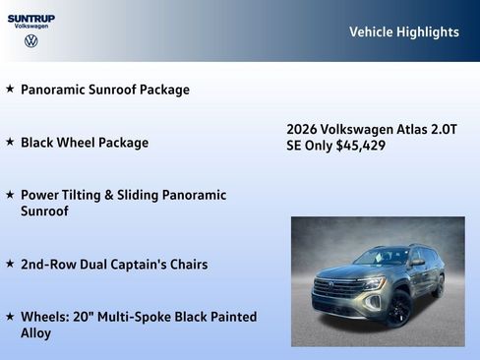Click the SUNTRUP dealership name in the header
[31, 18]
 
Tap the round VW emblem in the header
[31, 41]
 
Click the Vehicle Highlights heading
[403, 32]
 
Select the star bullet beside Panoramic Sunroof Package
[10, 89]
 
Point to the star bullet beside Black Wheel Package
[10, 142]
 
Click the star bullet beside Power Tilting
[10, 195]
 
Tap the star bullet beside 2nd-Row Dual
[10, 264]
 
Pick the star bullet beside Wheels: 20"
[10, 317]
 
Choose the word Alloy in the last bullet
[35, 333]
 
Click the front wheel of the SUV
[399, 309]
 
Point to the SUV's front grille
[337, 290]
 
